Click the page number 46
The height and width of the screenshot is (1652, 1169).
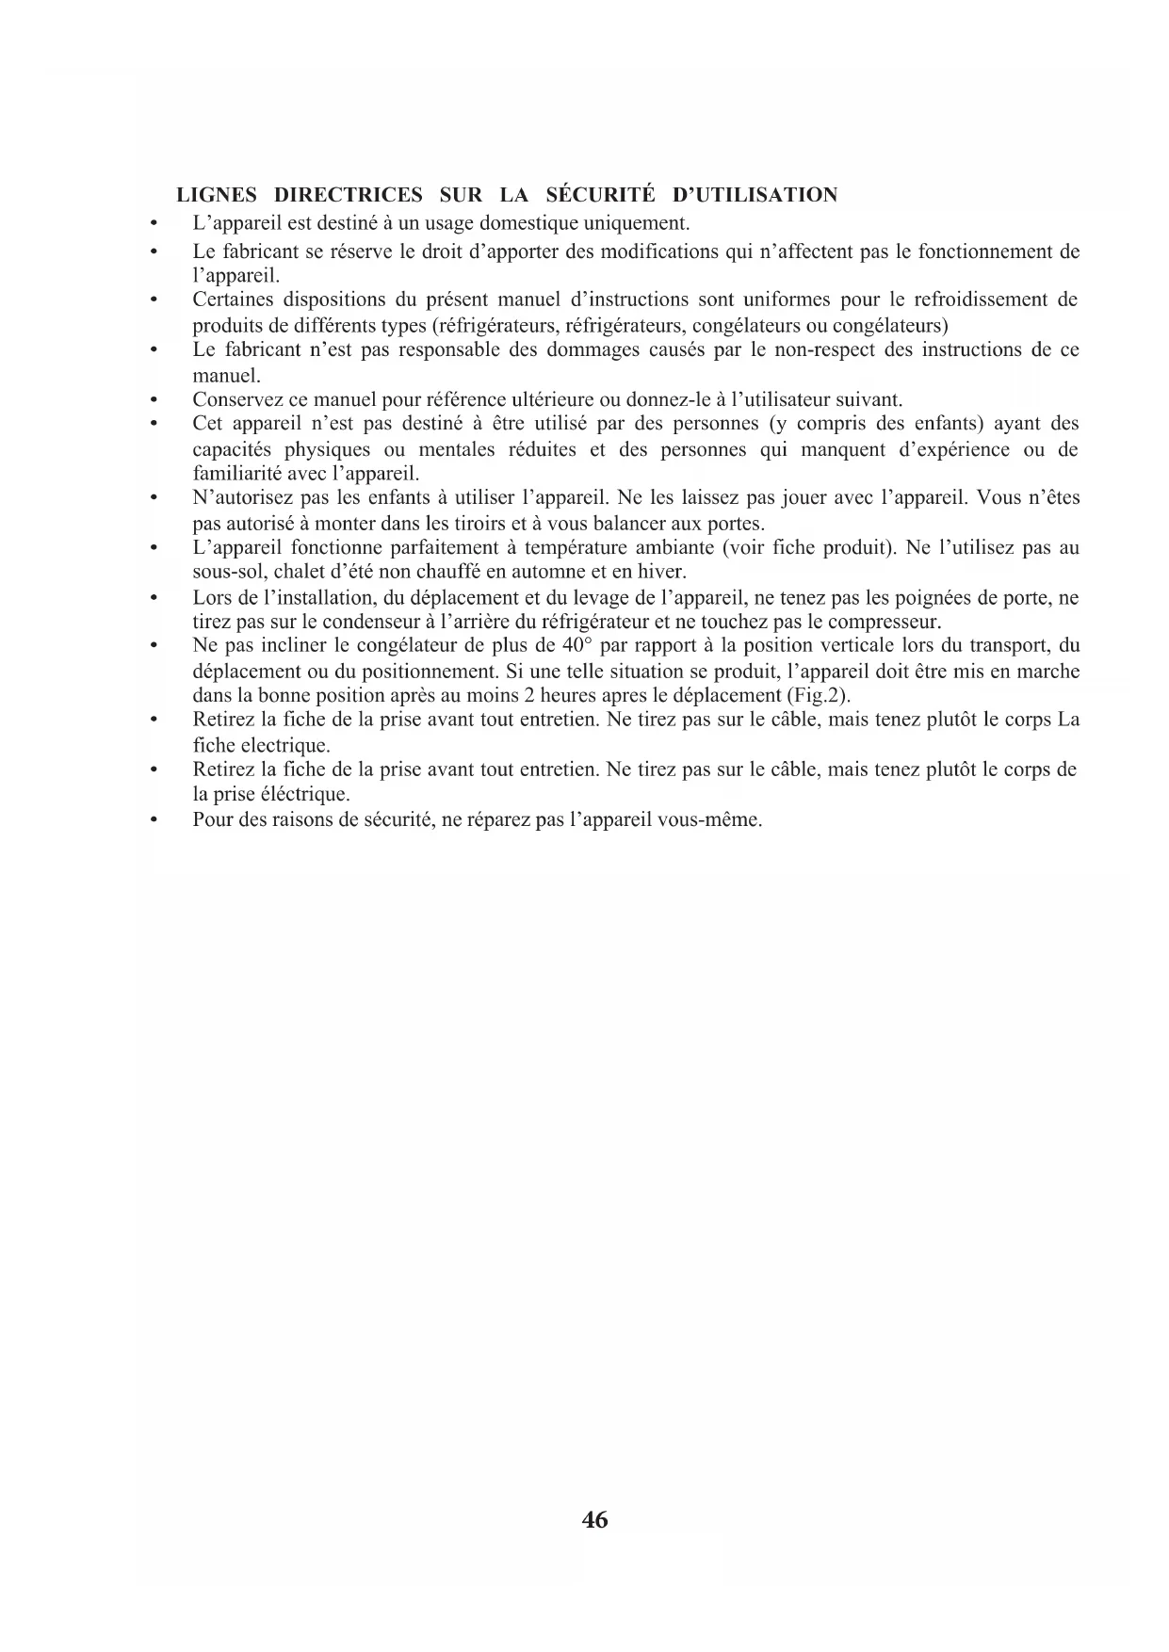pos(595,1520)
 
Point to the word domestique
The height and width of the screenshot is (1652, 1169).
pos(527,224)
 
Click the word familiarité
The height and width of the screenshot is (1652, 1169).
pos(236,474)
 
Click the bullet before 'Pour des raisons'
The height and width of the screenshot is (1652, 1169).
pos(152,819)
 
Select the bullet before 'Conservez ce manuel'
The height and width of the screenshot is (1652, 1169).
pos(152,399)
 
